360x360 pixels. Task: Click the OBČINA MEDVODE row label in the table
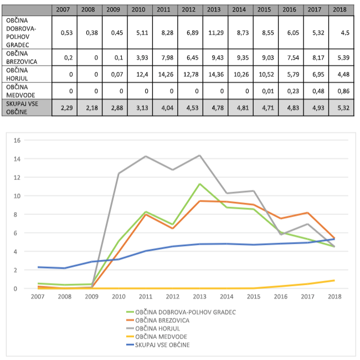pos(26,90)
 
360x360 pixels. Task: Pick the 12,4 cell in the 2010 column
pos(138,74)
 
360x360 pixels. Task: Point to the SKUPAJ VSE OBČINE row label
pos(26,107)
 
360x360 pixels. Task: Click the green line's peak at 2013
pos(199,184)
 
